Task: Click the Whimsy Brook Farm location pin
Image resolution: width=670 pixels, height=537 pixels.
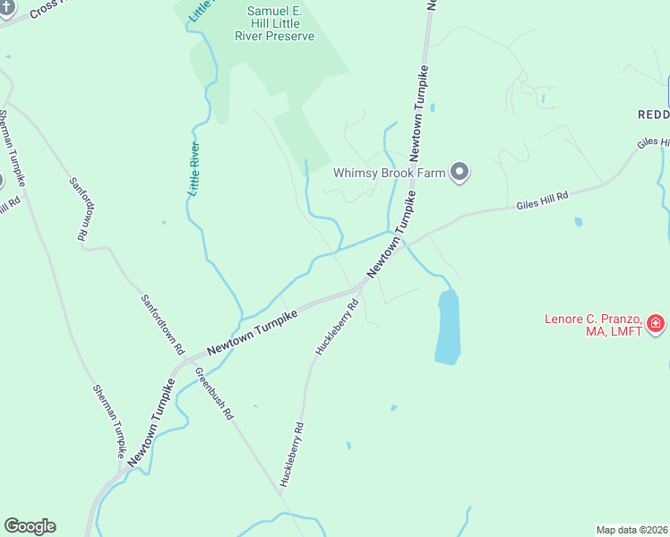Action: tap(460, 172)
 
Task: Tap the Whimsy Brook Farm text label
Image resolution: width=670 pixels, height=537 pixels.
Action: tap(390, 173)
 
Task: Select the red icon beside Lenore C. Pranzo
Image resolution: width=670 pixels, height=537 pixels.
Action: tap(656, 323)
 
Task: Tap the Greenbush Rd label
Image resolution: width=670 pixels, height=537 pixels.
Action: tap(215, 395)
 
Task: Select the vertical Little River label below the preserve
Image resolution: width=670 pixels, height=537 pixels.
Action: tap(194, 169)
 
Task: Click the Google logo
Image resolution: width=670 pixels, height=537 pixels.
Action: tap(30, 526)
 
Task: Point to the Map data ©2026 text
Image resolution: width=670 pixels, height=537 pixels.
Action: tap(631, 529)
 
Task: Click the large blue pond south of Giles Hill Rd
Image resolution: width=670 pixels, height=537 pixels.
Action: tap(447, 327)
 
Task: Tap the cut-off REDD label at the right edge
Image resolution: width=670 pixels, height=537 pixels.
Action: tap(653, 115)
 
